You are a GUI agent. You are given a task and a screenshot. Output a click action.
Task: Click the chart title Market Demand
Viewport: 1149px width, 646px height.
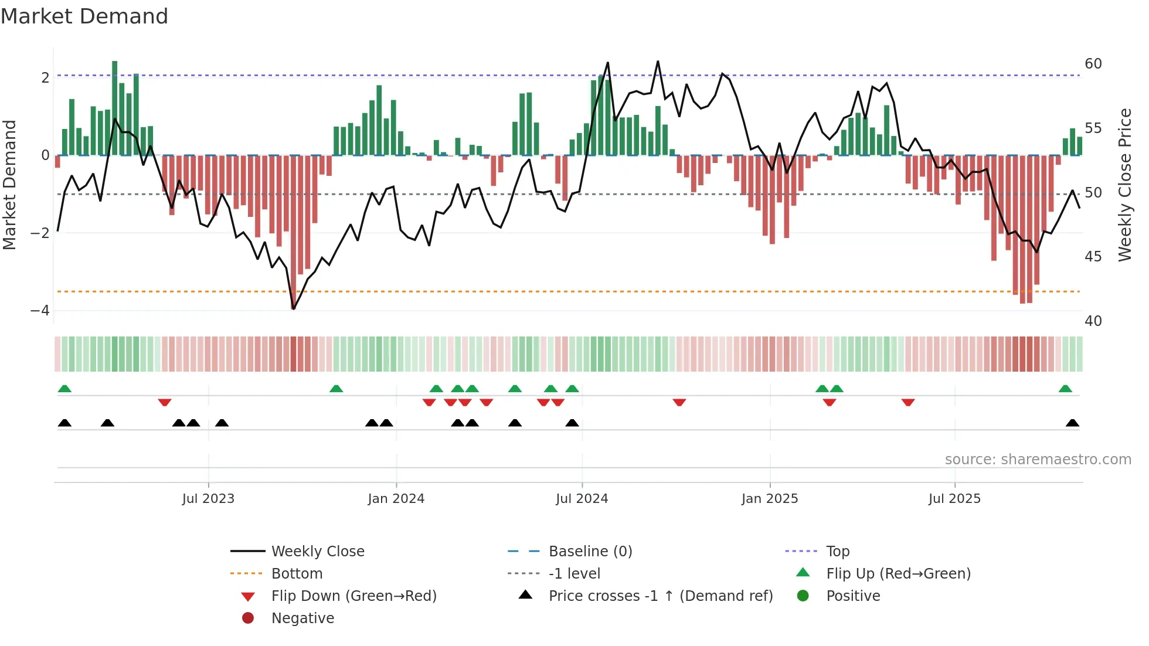(84, 16)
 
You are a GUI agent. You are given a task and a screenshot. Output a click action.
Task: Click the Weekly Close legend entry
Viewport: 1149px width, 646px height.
(317, 551)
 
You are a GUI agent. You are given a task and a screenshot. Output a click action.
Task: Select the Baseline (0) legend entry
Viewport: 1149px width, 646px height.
(590, 551)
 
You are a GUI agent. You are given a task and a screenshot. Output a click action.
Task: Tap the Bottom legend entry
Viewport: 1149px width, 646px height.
(297, 573)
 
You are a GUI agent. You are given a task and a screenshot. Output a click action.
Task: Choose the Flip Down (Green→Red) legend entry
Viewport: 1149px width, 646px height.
(353, 596)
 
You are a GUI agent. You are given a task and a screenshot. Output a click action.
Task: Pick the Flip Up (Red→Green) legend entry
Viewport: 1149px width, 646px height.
(898, 573)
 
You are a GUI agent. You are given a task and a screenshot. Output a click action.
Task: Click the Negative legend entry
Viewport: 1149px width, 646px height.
(302, 618)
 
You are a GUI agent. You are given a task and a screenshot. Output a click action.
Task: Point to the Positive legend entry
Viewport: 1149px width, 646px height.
(853, 596)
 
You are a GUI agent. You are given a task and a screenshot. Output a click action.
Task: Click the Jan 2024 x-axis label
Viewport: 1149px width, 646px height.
(396, 498)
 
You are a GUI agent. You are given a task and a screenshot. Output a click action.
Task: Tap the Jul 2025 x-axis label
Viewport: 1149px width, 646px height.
(954, 498)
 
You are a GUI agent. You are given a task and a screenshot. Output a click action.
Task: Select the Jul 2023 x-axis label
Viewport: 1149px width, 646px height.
(208, 498)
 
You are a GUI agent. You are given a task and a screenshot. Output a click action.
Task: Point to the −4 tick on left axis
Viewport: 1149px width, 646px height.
(40, 310)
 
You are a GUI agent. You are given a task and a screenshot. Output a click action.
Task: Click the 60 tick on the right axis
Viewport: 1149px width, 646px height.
(1093, 63)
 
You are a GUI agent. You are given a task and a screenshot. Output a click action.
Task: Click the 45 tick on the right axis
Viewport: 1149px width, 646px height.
(1093, 256)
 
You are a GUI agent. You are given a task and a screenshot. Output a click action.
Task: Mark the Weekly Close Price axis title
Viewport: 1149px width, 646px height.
(1124, 185)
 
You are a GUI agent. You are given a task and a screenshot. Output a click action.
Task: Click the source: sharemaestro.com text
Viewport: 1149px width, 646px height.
(1038, 459)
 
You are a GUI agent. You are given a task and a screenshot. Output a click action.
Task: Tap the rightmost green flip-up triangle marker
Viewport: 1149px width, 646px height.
(1065, 389)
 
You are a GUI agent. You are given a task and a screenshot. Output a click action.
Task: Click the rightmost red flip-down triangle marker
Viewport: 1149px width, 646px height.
(907, 402)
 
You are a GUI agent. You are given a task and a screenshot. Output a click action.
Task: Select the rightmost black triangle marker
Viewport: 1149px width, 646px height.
(1072, 423)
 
